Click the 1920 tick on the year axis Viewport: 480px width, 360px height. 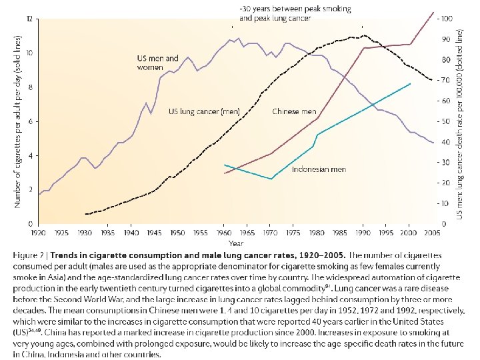39,233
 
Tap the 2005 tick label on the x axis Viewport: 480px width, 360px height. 432,233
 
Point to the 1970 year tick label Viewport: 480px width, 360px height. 270,233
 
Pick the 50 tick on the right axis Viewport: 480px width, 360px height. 445,121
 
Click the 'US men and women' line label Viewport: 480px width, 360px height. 157,63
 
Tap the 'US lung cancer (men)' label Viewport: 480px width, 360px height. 204,111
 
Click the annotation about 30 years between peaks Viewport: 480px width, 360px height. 295,13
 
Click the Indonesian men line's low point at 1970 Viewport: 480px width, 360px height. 271,179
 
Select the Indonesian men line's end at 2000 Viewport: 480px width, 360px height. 410,83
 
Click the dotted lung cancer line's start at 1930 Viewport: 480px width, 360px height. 86,214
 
